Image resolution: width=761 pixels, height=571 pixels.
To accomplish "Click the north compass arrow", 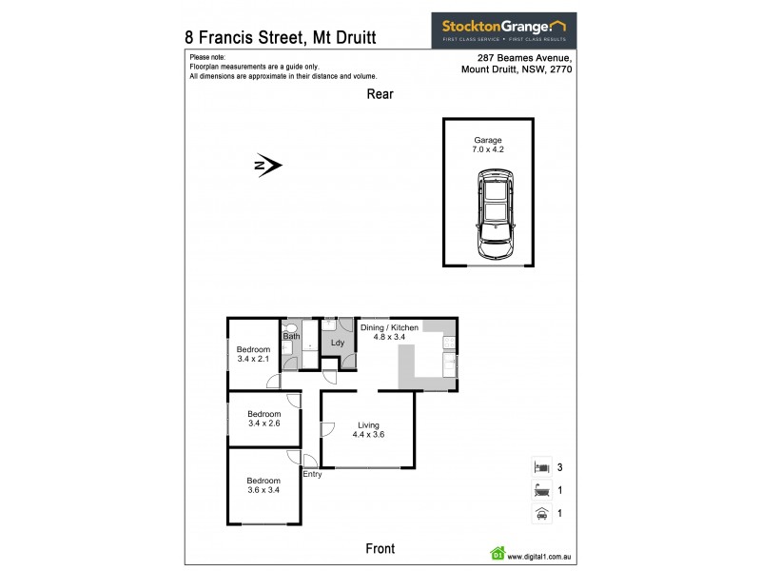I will (269, 166).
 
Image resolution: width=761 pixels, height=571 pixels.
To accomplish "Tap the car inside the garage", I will (496, 215).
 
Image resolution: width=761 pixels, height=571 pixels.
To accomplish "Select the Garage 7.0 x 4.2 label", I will (488, 146).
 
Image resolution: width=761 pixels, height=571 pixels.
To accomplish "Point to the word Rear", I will (380, 94).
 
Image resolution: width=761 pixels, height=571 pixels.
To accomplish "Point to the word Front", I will (380, 549).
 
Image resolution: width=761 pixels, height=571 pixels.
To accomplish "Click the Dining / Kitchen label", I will (388, 331).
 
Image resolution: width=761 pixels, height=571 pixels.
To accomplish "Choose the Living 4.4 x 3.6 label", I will (369, 430).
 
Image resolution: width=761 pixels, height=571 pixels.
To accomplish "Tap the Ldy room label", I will (337, 344).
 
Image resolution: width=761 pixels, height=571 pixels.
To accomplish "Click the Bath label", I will (291, 336).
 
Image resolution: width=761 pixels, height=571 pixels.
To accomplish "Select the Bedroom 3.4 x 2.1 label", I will (253, 355).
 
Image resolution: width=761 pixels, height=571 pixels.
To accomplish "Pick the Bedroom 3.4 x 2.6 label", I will (264, 419).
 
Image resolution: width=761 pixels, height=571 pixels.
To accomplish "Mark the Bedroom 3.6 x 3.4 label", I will (263, 485).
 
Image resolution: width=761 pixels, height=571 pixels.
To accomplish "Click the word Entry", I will (312, 473).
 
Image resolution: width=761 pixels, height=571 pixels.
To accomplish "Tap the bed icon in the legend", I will (540, 467).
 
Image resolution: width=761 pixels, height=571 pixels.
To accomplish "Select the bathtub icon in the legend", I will (540, 490).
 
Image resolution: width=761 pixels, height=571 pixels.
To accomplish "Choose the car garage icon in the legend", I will (540, 513).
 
